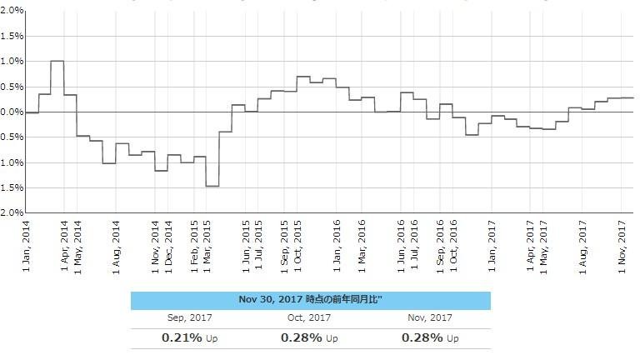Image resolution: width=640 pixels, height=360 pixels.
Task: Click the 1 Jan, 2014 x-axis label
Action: point(26,244)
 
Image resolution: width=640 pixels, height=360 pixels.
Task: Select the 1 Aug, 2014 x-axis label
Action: point(117,244)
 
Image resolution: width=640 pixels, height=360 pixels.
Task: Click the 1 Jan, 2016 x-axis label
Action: point(337,244)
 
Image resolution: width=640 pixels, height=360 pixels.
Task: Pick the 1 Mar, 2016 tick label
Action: point(362,244)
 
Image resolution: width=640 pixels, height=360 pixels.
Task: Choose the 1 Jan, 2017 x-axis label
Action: point(492,244)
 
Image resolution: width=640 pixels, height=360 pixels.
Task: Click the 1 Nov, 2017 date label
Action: point(622,244)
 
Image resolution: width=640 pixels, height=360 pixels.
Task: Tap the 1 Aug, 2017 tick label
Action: point(583,244)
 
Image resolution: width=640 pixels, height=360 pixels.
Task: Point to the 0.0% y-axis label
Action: point(12,112)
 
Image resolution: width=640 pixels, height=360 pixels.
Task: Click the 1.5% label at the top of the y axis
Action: point(12,36)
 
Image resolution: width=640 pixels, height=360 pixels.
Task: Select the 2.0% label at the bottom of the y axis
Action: point(12,212)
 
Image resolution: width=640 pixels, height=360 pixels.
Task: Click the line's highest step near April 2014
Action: point(57,61)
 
